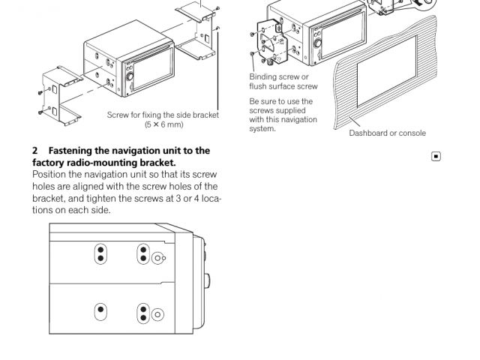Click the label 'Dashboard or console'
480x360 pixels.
(x=387, y=133)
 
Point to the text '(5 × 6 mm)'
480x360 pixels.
(x=164, y=123)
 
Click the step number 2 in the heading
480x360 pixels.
(x=35, y=151)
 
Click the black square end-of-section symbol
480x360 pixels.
(x=436, y=157)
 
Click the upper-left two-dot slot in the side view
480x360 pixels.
(x=100, y=255)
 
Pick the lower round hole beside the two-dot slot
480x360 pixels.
(x=157, y=313)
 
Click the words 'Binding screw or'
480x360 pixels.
(x=279, y=77)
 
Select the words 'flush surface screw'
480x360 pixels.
(x=283, y=86)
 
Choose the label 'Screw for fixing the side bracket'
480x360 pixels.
(x=163, y=114)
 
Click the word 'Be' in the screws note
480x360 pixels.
(x=253, y=101)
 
